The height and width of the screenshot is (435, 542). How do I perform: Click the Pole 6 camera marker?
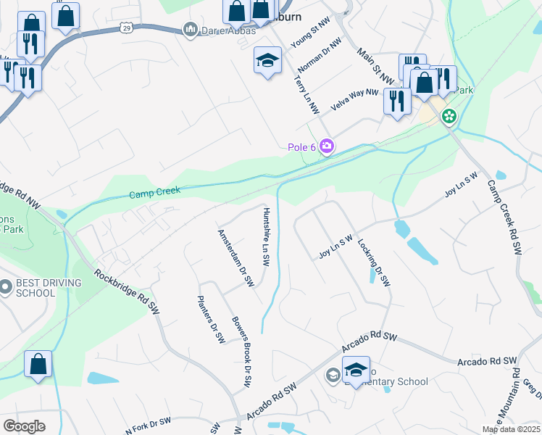[x=327, y=147]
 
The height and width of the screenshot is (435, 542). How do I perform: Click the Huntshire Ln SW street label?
[x=266, y=231]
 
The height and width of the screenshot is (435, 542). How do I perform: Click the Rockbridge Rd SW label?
[x=127, y=298]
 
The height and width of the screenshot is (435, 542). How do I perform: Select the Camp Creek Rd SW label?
[x=504, y=217]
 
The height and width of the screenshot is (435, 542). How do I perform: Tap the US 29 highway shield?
[x=126, y=27]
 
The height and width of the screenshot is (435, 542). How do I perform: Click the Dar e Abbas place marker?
[x=191, y=29]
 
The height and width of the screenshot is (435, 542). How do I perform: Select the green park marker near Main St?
[x=449, y=115]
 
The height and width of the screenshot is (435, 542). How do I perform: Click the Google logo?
[x=24, y=426]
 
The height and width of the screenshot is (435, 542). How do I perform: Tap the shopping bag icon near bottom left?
[x=38, y=365]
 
